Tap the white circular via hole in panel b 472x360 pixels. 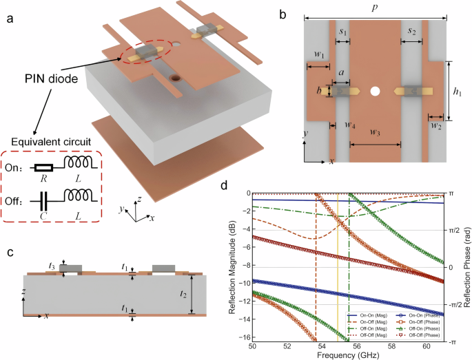[375, 91]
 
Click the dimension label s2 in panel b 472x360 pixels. [411, 32]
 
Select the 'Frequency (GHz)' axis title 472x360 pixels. [349, 355]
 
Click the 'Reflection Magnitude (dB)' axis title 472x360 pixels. [232, 266]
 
